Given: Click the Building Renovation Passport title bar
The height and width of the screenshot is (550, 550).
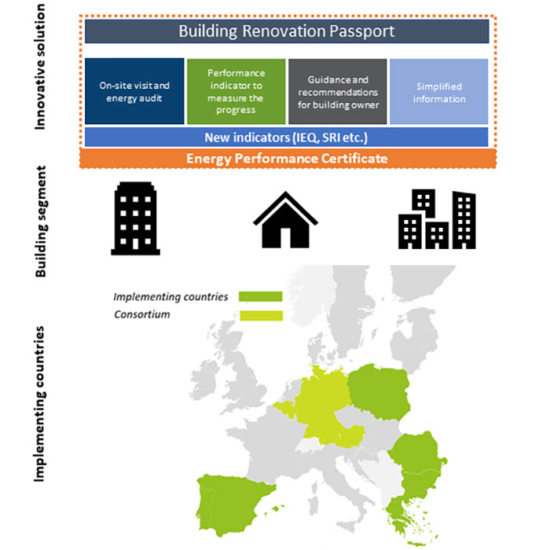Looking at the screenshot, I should (287, 31).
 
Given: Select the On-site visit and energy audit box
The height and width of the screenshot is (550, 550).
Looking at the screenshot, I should (134, 91).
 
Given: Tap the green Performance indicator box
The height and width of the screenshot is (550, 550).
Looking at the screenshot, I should (236, 91).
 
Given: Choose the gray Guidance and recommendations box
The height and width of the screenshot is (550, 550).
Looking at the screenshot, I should (338, 91).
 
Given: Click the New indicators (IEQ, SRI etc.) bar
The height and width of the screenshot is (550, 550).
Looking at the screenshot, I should (287, 137).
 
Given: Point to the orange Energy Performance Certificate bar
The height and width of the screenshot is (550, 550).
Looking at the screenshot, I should (287, 158).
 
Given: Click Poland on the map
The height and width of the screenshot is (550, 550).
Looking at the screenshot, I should (379, 393).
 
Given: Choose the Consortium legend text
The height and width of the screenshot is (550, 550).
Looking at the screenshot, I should (141, 314).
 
